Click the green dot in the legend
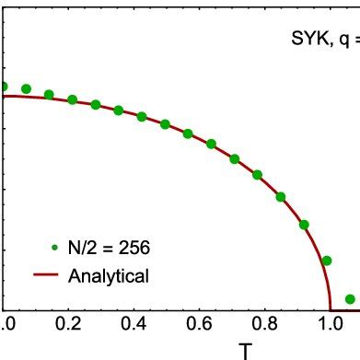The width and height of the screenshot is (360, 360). pos(56,247)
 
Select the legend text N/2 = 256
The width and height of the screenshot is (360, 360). pos(110,247)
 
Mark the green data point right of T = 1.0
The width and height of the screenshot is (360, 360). pos(350,298)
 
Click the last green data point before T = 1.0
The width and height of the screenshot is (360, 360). pos(304,224)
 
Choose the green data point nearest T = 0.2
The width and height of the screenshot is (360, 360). pos(73,99)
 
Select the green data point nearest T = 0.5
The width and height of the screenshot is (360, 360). pos(165,124)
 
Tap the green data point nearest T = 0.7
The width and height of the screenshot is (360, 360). pos(235,159)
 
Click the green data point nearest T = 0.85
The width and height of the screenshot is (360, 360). pos(281,196)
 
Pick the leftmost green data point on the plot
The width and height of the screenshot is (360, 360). pos(3,87)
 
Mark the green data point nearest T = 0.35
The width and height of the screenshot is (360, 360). pos(119,110)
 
